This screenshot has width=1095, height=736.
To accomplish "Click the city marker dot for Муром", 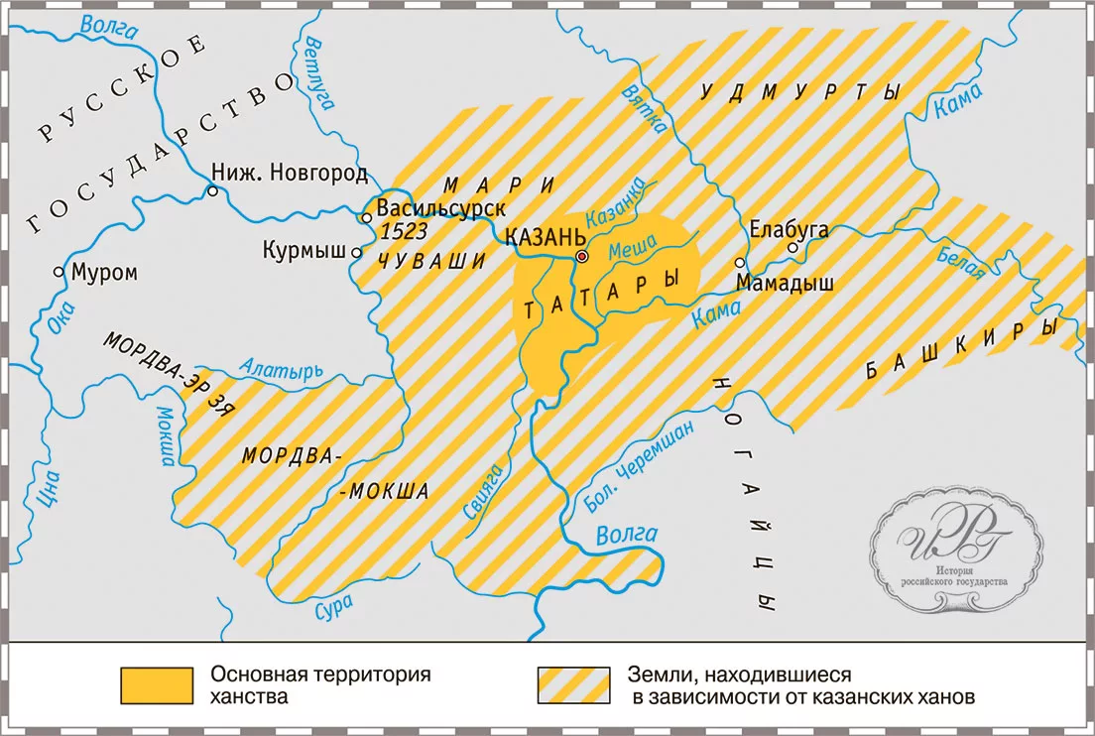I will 61,271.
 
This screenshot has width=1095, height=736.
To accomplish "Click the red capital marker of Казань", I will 582,256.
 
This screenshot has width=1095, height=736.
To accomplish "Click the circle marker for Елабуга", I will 791,247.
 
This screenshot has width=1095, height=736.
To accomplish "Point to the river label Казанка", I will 616,204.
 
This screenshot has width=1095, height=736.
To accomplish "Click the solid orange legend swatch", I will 156,683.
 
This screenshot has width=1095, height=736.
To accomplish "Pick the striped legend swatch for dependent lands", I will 572,683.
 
